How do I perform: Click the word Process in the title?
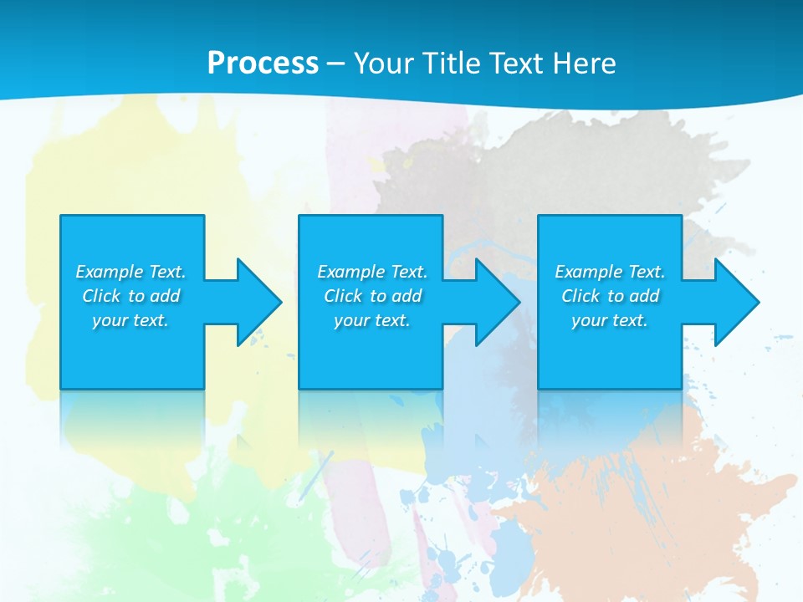pos(263,64)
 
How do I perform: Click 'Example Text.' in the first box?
pos(130,272)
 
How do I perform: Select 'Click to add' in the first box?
pos(130,296)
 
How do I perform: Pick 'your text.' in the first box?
pos(130,320)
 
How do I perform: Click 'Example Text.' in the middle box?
pos(372,272)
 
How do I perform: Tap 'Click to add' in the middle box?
pos(372,296)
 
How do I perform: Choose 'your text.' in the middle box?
pos(372,320)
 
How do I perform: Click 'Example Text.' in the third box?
pos(610,272)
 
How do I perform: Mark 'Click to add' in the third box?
pos(610,296)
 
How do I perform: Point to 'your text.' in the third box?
pos(610,320)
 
